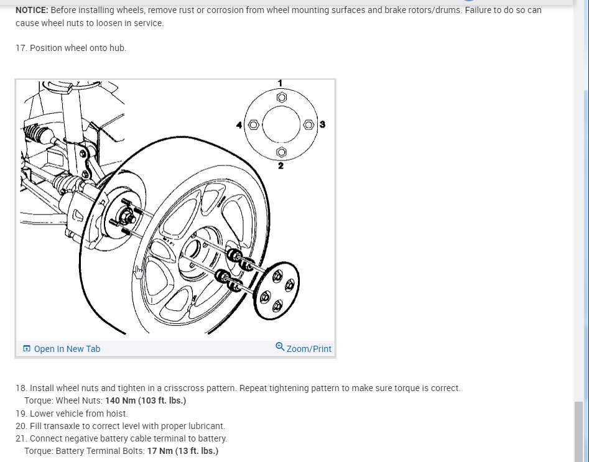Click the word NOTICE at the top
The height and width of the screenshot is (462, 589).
pos(32,11)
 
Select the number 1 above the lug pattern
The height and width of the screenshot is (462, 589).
pos(281,83)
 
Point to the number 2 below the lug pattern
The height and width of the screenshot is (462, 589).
pos(281,165)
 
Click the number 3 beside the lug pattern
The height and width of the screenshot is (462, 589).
pos(322,124)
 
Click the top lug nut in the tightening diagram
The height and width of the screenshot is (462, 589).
pos(281,98)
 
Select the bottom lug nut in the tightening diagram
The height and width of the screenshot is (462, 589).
pos(281,152)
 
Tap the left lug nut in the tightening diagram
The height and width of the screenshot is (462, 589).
pos(253,125)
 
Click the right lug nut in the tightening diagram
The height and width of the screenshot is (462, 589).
pos(308,125)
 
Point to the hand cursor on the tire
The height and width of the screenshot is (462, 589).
pos(139,272)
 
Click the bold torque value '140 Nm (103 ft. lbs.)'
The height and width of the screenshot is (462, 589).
pos(146,400)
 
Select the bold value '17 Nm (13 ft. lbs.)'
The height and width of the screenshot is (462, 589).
pos(183,451)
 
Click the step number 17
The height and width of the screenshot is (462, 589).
pos(21,48)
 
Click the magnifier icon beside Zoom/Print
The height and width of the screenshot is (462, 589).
pos(280,347)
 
